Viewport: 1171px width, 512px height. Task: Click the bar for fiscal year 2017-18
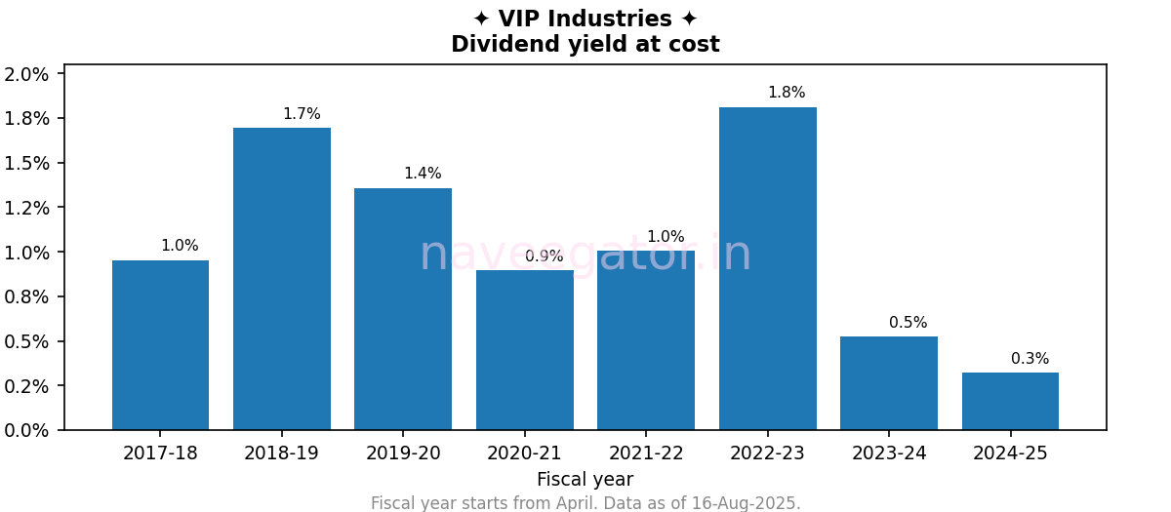(x=160, y=345)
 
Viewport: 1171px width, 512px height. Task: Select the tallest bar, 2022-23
(x=767, y=268)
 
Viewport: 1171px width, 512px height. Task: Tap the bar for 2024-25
(x=1010, y=401)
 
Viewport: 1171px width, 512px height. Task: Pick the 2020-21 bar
(x=524, y=350)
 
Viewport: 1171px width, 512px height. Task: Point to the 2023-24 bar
(x=888, y=383)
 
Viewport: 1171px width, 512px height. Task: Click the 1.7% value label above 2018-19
(x=302, y=114)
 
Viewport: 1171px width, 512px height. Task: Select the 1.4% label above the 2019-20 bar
(x=423, y=174)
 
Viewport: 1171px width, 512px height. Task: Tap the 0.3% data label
(x=1030, y=359)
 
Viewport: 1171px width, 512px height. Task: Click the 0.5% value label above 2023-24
(x=908, y=323)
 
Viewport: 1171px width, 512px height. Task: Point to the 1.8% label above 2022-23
(x=787, y=93)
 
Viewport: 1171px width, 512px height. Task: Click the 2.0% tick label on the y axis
(x=26, y=74)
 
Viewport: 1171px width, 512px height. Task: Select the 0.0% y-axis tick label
(x=26, y=430)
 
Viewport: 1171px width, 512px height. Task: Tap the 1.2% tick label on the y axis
(x=26, y=208)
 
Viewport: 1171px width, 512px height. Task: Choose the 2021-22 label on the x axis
(x=646, y=453)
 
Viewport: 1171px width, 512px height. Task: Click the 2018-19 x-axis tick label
(x=281, y=453)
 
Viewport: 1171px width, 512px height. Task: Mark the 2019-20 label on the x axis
(x=403, y=453)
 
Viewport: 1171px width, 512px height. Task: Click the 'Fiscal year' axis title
(x=585, y=480)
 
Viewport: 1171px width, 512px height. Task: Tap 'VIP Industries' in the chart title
(x=585, y=20)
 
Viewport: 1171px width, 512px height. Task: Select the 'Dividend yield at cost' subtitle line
(x=585, y=45)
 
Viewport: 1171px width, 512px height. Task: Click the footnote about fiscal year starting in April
(x=585, y=503)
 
